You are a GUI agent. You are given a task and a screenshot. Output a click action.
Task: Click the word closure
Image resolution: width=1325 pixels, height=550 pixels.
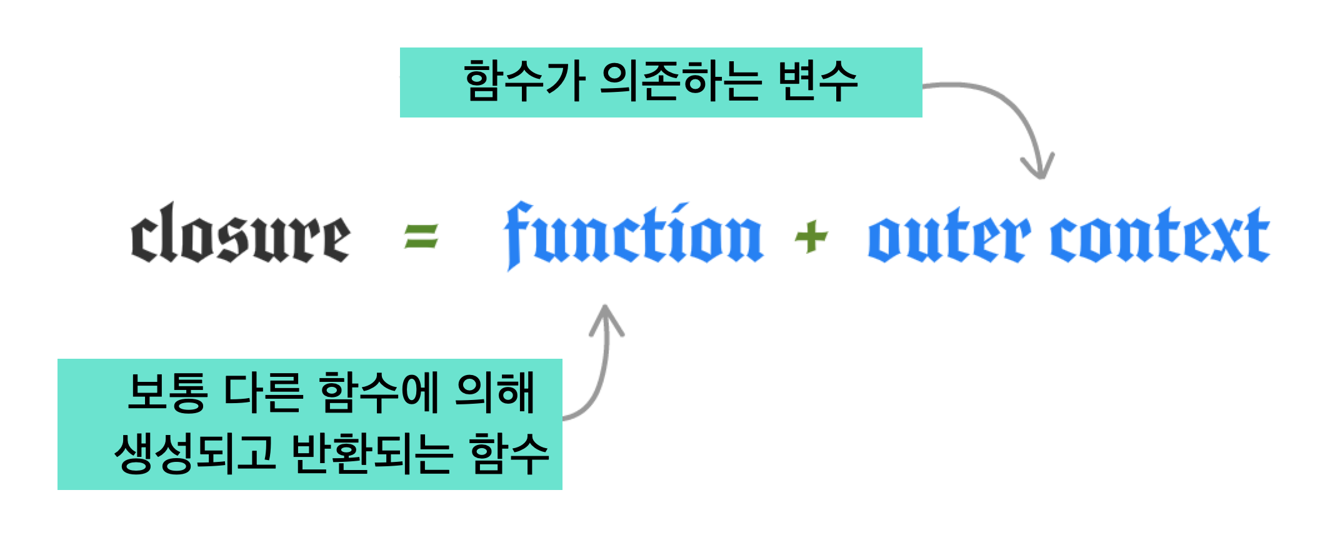241,234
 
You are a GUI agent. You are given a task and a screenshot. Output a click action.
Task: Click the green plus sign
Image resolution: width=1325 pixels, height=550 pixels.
811,236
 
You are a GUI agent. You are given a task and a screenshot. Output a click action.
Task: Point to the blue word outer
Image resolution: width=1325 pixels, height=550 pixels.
947,237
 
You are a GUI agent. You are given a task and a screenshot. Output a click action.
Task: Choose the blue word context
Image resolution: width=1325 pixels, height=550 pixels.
1160,236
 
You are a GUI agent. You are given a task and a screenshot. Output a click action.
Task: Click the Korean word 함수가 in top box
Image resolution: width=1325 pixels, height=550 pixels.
524,82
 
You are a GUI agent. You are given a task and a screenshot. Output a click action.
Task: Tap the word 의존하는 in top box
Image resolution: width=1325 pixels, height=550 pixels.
680,82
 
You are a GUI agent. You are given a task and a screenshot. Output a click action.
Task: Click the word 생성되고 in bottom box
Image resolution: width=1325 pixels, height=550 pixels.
194,453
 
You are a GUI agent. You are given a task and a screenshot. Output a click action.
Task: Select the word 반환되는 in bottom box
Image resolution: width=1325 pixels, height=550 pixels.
371,453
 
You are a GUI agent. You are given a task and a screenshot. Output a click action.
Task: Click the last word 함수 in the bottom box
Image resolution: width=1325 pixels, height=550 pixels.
509,453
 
